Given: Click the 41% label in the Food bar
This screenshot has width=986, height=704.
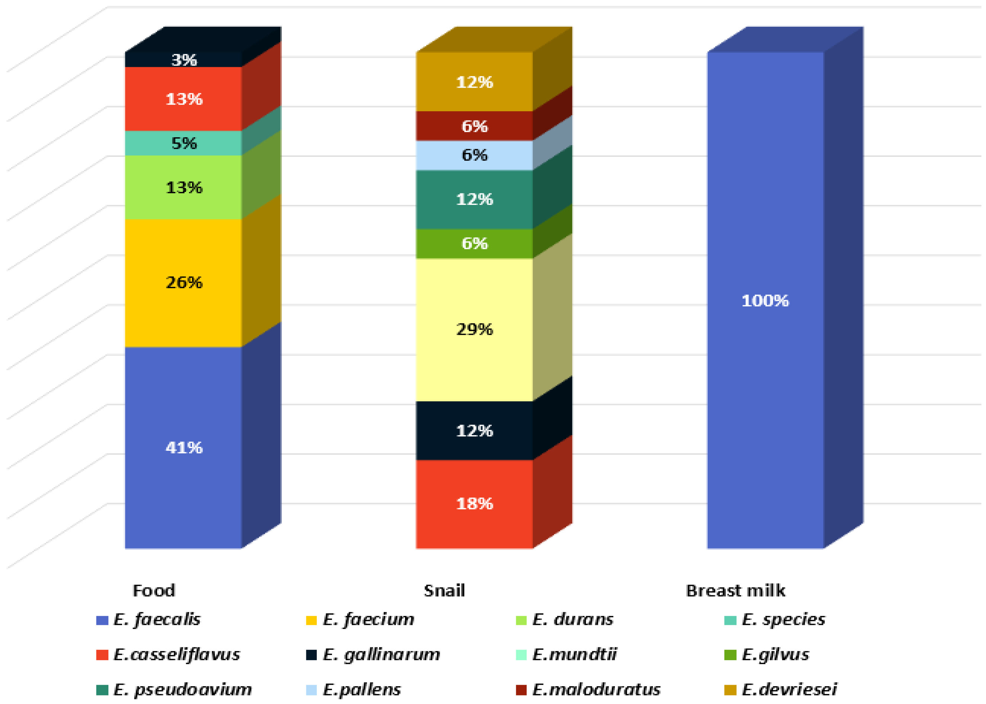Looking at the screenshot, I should [184, 447].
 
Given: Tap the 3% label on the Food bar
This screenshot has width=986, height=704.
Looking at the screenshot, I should [184, 60].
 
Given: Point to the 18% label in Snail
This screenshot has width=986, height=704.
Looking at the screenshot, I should [474, 503].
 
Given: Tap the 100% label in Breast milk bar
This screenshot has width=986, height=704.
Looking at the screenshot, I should [765, 300].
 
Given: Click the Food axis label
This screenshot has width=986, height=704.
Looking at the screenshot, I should [154, 591].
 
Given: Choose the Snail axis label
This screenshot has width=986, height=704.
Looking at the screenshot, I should [444, 591].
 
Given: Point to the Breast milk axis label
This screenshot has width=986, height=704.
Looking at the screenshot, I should [735, 591].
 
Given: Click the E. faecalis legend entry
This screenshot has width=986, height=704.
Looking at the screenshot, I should [157, 619].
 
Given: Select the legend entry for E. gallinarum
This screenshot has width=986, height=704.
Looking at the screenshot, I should [381, 654].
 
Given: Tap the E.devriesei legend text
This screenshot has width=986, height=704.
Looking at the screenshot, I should [789, 689].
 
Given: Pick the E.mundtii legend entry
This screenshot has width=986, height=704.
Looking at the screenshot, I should [574, 654].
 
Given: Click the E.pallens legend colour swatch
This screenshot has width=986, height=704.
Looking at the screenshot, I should [311, 689].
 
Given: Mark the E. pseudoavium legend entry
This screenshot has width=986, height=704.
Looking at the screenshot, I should [182, 689].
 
